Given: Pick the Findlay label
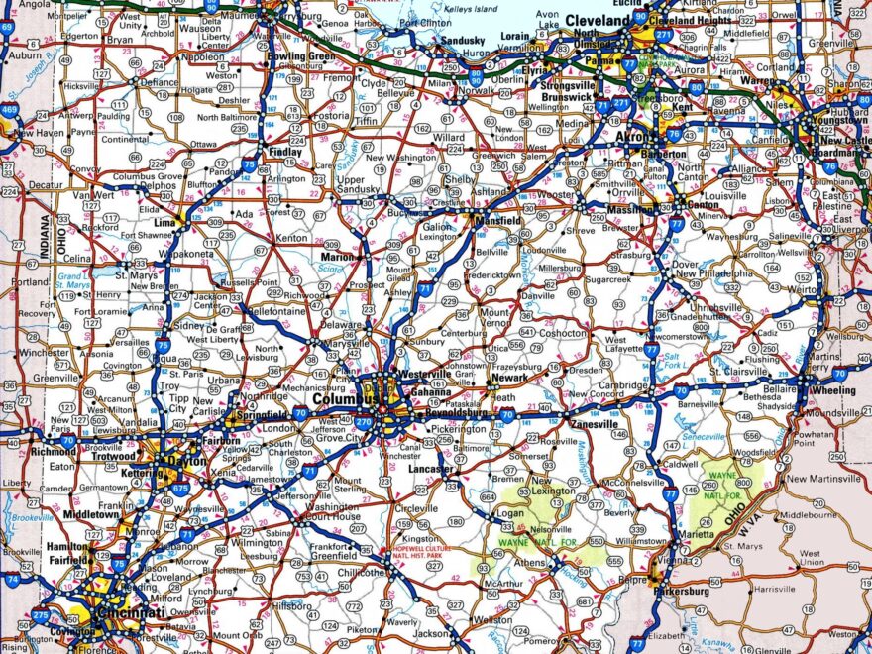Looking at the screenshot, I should pos(284,152).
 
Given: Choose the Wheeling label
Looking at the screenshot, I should pos(831,390).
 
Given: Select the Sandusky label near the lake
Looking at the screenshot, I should pos(462,40).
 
